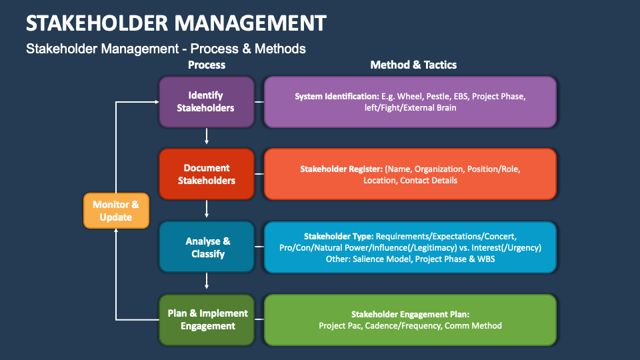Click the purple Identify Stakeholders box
[x=206, y=101]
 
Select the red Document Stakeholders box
[x=206, y=174]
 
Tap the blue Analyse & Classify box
[x=206, y=247]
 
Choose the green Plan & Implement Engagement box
[x=206, y=319]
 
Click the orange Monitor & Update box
[x=116, y=211]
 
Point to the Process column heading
[x=207, y=65]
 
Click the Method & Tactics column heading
[x=413, y=65]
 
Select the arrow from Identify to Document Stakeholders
[x=207, y=137]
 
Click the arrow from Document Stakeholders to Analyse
[x=207, y=209]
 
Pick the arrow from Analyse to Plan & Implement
[x=207, y=282]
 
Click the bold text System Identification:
[x=337, y=96]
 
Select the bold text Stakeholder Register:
[x=342, y=169]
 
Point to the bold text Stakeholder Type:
[x=339, y=236]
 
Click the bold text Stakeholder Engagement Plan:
[x=410, y=314]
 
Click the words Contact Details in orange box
[x=429, y=180]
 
